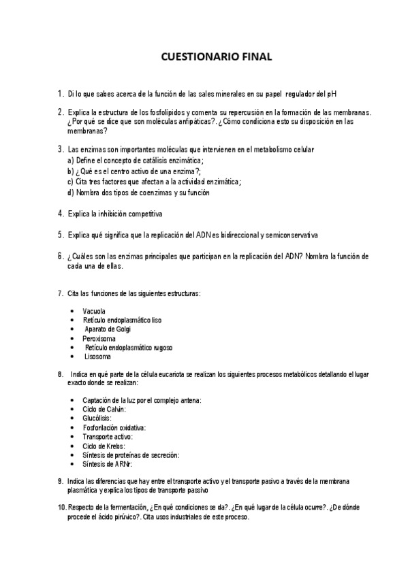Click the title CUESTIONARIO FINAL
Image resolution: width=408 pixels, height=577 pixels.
click(x=216, y=58)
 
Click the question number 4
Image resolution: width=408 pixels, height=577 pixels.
click(x=60, y=214)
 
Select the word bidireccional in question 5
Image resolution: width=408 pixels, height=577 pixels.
click(x=238, y=235)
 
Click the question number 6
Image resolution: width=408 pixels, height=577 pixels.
click(x=60, y=257)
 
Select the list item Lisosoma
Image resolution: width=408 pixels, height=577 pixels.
click(x=98, y=357)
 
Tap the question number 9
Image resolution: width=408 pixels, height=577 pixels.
click(x=61, y=481)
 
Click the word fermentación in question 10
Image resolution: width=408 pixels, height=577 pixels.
click(x=129, y=508)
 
